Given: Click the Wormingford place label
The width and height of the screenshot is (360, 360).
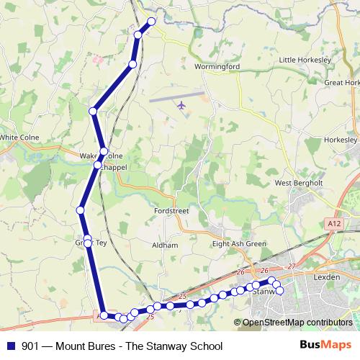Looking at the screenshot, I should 217,66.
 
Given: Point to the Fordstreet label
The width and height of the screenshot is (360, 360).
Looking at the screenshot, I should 171,211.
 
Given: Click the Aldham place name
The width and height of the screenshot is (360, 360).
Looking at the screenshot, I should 165,246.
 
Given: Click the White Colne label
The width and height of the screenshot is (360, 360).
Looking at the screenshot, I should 19,137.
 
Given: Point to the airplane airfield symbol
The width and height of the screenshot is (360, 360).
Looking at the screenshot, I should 181,106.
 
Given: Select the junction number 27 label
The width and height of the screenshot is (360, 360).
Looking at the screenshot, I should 291,266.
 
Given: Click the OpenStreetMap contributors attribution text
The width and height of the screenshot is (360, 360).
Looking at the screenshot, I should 298,323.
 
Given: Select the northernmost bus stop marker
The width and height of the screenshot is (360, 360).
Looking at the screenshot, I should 151,22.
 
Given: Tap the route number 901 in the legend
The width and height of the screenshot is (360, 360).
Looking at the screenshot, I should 31,346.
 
